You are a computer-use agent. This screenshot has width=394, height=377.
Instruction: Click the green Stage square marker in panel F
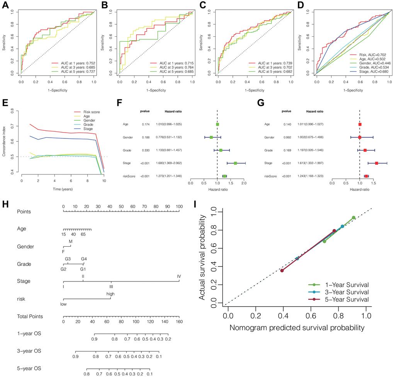coord(235,163)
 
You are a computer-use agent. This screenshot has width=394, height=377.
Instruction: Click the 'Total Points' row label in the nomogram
coord(30,317)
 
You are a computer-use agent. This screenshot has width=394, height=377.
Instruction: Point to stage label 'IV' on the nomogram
coord(179,276)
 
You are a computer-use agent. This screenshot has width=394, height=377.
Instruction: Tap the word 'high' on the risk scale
coord(111,294)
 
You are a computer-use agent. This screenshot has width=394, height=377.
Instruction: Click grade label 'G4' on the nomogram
coord(84,259)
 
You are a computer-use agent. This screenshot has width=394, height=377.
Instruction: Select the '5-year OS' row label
coord(28,368)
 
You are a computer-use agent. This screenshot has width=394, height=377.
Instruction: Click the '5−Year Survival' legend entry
coord(347,299)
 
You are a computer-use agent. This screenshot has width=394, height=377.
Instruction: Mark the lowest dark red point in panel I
coord(282,271)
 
